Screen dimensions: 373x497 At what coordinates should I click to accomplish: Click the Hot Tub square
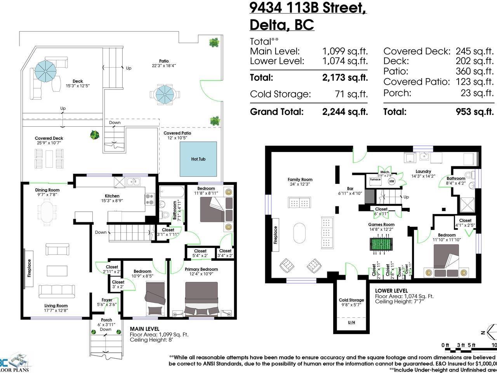[198, 159]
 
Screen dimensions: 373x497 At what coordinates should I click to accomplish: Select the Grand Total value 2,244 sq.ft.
[345, 112]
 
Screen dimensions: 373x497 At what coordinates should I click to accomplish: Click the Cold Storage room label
[351, 300]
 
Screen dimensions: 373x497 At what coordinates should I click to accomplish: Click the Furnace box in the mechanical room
[375, 180]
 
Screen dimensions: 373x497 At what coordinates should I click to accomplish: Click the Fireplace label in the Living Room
[29, 268]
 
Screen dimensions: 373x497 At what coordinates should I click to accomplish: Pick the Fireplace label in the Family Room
[276, 235]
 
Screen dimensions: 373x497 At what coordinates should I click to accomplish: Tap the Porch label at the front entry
[106, 320]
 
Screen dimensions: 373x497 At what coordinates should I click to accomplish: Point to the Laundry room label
[423, 171]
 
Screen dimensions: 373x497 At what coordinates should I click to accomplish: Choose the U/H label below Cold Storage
[351, 322]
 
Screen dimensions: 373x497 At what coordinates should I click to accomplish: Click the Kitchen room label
[112, 196]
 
